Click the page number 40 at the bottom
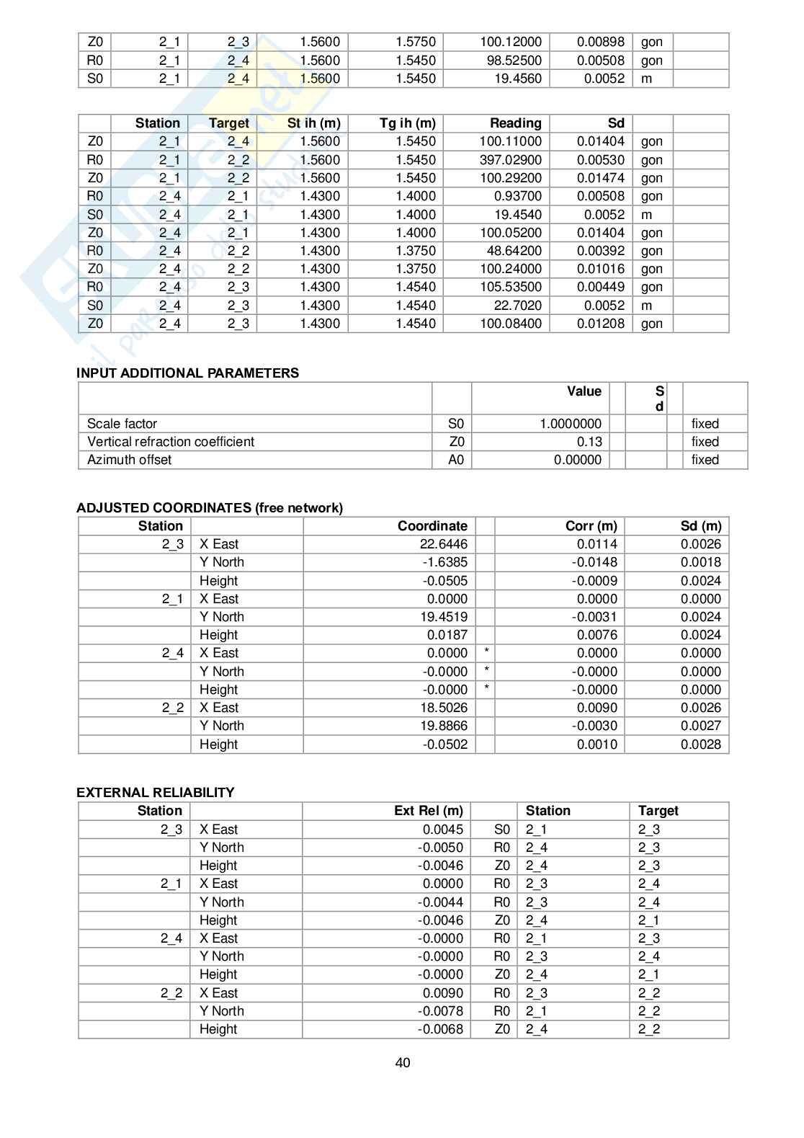click(402, 1063)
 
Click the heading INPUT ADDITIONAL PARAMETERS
click(187, 373)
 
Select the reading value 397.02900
click(510, 160)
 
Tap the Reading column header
click(515, 123)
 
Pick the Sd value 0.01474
click(600, 178)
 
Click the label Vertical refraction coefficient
click(171, 442)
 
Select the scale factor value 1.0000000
click(570, 424)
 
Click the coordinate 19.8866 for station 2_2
click(444, 726)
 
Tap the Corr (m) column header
click(591, 526)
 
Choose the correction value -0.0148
click(594, 562)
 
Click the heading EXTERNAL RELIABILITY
click(155, 792)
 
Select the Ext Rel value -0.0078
click(440, 1011)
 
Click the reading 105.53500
click(510, 287)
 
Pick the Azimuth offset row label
click(129, 460)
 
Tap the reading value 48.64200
click(514, 251)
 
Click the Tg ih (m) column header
click(407, 123)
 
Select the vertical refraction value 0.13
click(589, 442)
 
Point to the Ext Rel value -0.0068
click(440, 1029)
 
